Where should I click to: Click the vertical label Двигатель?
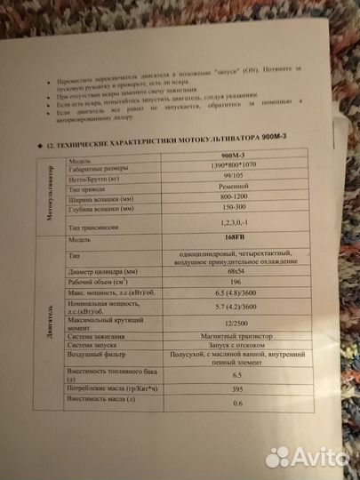pyautogui.click(x=47, y=329)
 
